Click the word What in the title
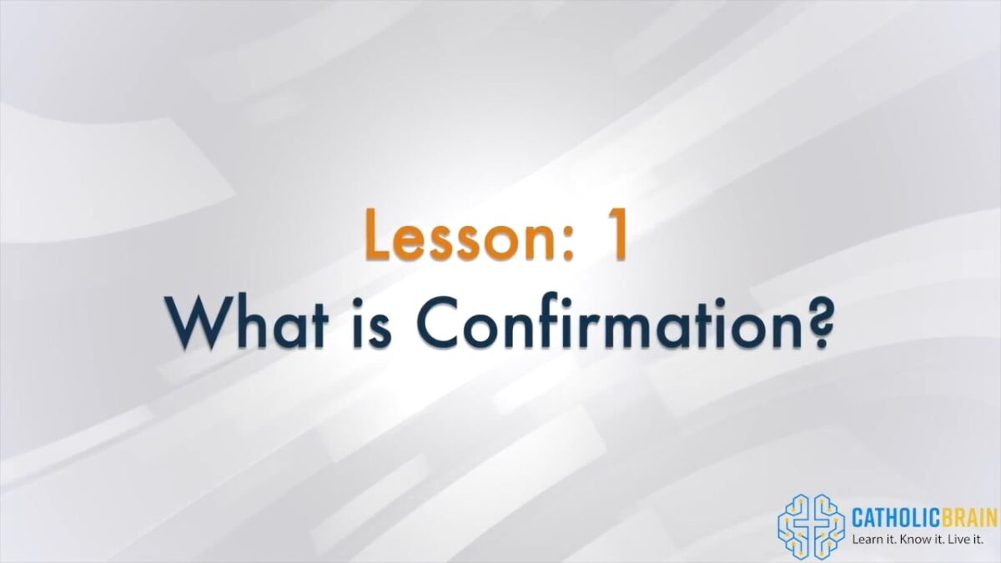(247, 322)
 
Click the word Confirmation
(609, 322)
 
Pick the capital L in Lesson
(378, 235)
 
